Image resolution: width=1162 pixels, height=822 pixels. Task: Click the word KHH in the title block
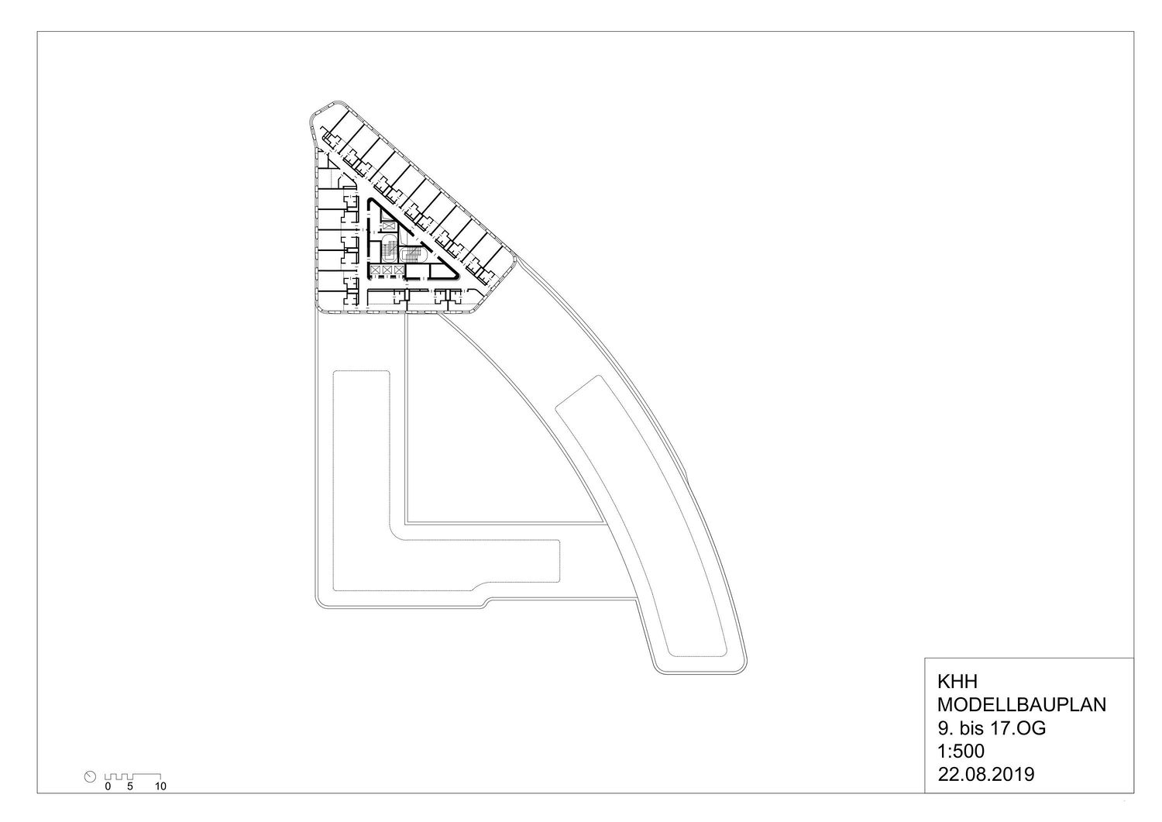coord(957,681)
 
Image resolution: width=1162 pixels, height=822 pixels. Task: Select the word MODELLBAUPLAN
coord(1022,705)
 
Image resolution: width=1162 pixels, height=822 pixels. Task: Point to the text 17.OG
coord(1018,728)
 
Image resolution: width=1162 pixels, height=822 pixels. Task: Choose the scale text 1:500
coord(961,751)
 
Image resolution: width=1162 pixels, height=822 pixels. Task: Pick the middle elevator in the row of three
coord(387,270)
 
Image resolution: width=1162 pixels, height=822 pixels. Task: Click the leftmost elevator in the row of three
coord(374,270)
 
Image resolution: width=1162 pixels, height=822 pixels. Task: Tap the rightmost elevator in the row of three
coord(398,270)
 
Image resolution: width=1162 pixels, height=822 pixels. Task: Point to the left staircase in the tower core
coord(387,249)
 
